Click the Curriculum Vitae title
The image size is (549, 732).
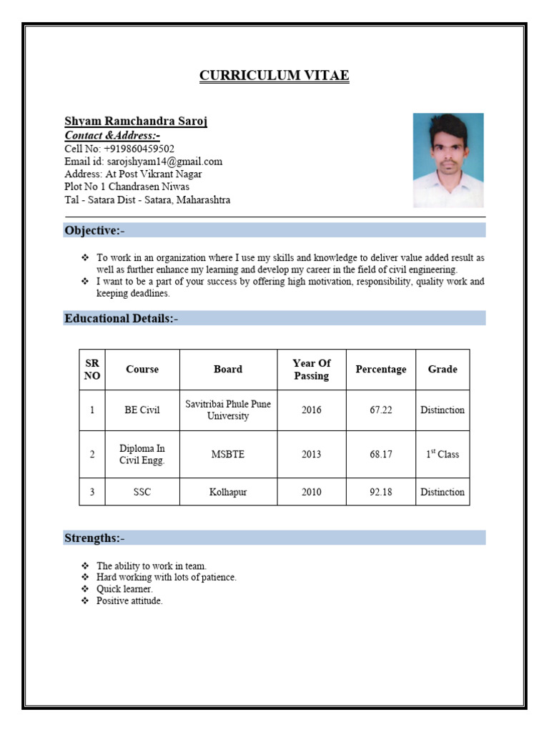coord(274,76)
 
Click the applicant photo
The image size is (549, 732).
coord(448,160)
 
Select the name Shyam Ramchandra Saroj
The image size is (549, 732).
coord(136,121)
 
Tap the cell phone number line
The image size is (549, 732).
coord(119,149)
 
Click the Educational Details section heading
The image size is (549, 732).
coord(121,318)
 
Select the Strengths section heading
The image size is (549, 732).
coord(94,538)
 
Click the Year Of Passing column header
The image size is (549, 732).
coord(311,370)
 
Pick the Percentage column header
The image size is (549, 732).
coord(380,370)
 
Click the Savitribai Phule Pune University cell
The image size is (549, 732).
coord(228,410)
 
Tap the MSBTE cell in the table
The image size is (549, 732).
coord(228,455)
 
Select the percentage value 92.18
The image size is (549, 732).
coord(380,492)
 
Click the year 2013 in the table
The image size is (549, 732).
coord(311,455)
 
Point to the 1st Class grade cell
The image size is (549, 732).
coord(442,455)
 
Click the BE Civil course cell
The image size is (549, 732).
coord(142,410)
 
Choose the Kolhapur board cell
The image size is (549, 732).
coord(228,492)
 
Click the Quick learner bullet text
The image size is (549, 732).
coord(124,589)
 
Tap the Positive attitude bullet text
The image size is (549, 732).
coord(129,601)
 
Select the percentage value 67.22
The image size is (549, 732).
coord(380,410)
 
